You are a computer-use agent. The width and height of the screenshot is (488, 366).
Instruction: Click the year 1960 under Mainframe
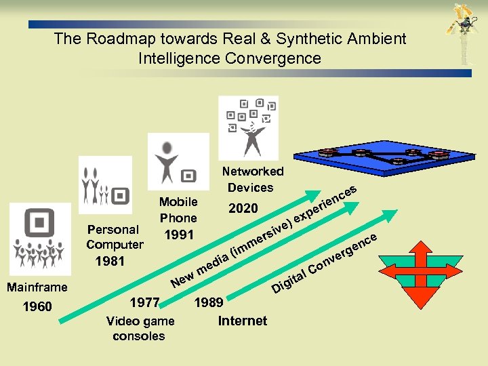(37, 307)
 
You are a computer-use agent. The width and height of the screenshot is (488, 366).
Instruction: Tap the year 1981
(110, 261)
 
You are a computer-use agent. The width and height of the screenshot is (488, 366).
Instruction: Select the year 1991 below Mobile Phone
(179, 235)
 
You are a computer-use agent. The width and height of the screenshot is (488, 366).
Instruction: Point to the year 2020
(243, 208)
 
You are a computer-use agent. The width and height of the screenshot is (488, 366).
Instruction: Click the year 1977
(144, 302)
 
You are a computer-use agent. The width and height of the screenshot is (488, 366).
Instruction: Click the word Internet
(242, 321)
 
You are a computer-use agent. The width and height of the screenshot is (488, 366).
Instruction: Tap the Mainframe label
(37, 287)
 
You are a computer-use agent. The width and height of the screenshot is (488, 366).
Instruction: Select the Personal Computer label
(115, 237)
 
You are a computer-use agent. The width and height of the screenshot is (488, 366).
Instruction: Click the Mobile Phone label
(178, 210)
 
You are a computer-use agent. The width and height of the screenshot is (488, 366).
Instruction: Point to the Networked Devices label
(252, 180)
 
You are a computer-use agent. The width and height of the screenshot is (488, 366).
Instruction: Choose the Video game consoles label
(140, 329)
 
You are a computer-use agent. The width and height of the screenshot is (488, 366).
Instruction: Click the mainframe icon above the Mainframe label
(40, 239)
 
